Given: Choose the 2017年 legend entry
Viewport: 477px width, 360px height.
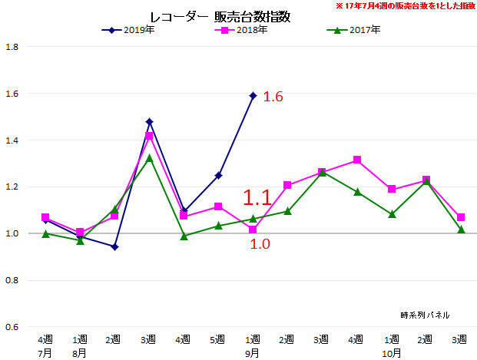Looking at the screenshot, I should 358,31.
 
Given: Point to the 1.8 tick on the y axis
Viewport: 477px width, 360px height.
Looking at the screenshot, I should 12,48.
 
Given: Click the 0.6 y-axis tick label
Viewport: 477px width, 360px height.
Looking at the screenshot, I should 12,327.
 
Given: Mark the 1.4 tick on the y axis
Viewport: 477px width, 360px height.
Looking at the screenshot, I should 12,140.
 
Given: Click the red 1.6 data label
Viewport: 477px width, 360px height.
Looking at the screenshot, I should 274,97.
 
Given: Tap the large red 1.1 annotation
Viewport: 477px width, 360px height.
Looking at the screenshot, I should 257,197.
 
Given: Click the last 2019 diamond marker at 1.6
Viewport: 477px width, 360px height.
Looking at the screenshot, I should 253,95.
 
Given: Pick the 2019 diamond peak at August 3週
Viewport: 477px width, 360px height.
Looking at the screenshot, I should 149,121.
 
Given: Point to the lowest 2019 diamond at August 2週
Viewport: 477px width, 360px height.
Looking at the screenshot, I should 114,247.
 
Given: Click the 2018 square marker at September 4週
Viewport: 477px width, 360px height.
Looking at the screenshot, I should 357,160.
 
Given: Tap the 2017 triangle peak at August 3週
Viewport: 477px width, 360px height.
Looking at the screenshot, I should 149,157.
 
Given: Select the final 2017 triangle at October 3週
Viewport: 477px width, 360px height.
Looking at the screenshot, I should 461,230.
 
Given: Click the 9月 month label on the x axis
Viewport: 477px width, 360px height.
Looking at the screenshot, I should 252,353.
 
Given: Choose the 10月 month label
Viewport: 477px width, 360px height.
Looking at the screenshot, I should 391,353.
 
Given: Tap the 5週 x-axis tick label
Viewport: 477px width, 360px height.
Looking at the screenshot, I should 218,339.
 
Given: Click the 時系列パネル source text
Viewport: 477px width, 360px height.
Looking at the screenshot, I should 425,315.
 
